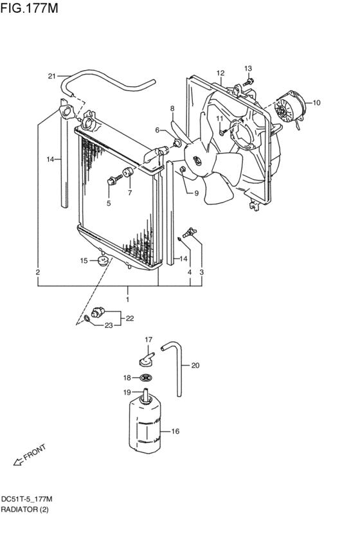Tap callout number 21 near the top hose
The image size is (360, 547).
53,76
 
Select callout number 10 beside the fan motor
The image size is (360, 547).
316,102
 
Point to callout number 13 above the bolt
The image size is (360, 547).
248,69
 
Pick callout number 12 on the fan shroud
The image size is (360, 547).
220,73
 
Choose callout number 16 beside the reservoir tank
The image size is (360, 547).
174,432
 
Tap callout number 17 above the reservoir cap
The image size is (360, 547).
148,339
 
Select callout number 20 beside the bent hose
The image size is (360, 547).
195,366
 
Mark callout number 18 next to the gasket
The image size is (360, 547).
127,378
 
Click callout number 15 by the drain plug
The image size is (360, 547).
84,260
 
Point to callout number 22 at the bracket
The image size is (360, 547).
130,318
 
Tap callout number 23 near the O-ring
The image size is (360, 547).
109,325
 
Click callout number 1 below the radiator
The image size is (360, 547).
127,300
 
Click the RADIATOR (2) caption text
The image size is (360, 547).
24,510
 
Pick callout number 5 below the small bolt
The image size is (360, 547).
109,204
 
